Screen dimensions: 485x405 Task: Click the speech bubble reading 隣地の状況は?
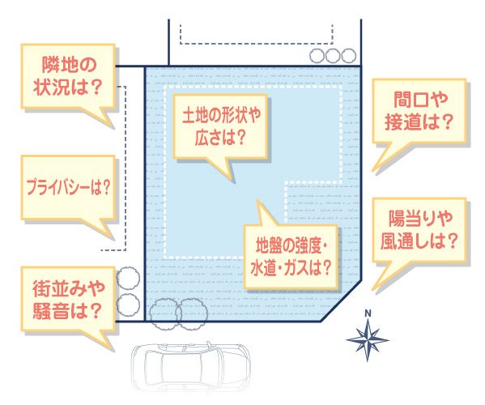point(68,76)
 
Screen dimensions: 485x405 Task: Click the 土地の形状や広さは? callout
point(220,126)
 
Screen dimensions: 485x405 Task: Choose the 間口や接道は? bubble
point(419,111)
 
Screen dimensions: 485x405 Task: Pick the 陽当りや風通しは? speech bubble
point(419,230)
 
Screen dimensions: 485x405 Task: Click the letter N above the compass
point(368,313)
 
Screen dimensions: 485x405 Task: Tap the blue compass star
point(368,339)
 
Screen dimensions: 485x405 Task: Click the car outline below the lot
point(190,369)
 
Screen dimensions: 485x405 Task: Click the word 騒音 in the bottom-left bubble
point(51,310)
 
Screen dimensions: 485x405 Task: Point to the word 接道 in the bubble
point(402,122)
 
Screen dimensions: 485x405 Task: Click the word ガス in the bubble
point(296,267)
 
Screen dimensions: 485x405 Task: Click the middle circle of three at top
point(333,56)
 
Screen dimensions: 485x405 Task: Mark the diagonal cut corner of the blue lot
point(341,301)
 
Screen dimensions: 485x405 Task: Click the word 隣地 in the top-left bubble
point(55,65)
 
